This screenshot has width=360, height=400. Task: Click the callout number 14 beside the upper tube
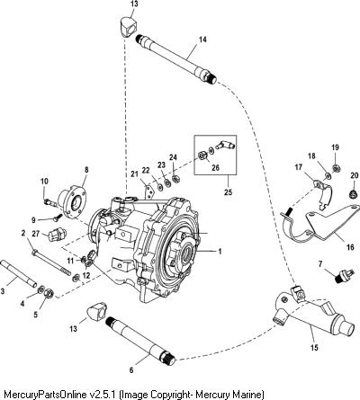point(202,40)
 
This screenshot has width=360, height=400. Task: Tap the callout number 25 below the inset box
point(228,191)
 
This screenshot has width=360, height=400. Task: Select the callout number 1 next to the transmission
point(220,251)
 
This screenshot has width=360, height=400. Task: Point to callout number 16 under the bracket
point(350,247)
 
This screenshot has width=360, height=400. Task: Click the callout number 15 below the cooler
point(314,348)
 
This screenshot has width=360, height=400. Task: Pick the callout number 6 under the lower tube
point(131,370)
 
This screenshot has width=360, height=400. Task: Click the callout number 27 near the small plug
point(36,234)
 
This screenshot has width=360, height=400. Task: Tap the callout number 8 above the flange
point(86,170)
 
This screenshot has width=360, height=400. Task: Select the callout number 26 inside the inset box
point(215,167)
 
